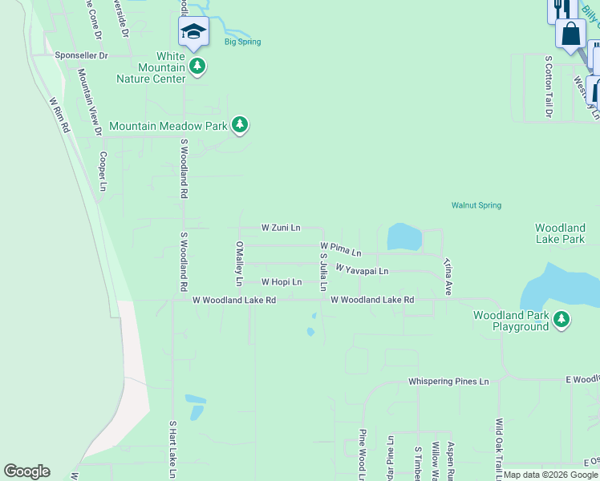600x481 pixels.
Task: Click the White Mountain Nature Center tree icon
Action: coord(197,67)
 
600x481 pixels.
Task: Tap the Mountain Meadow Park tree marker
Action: coord(239,125)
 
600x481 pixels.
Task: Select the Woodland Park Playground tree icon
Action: coord(561,321)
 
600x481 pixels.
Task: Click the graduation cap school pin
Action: coord(193,33)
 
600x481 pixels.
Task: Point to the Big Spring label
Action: coord(242,42)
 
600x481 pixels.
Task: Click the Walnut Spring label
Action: coord(476,205)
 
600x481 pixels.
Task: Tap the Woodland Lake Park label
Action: coord(560,233)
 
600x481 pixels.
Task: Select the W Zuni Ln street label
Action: coord(281,228)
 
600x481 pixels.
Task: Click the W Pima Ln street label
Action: coord(341,249)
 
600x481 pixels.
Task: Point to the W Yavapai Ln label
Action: coord(362,270)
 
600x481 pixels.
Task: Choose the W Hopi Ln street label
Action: coord(282,282)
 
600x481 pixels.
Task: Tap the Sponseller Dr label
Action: coord(81,56)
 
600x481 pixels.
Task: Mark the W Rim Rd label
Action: coord(59,115)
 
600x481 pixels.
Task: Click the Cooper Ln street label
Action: coord(103,172)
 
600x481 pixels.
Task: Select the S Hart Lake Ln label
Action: coord(172,449)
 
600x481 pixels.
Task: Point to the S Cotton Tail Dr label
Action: coord(549,87)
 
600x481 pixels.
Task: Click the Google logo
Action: coord(27,471)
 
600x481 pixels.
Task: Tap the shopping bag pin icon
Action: coord(570,34)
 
